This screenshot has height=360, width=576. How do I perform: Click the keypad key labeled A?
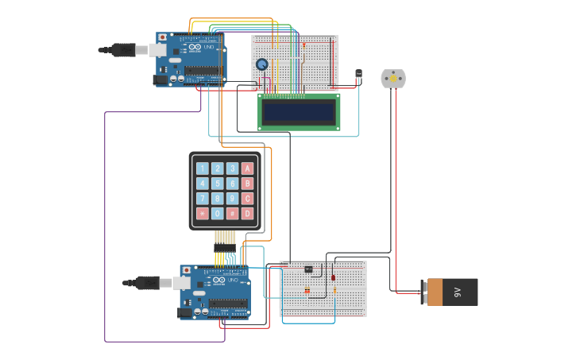pos(247,168)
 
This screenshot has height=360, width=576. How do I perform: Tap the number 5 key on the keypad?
pos(217,184)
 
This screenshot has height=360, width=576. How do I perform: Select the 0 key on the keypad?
pos(217,214)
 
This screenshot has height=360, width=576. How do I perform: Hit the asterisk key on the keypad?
pos(202,214)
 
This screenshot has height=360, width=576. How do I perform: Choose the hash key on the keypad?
pos(232,214)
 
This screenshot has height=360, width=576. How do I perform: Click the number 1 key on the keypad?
pos(202,168)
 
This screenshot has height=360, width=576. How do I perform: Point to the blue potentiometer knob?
pos(262,64)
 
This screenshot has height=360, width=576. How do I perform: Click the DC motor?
pos(392,78)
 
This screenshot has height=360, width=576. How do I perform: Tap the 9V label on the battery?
pos(458,292)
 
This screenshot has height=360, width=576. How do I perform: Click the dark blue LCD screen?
pos(299,111)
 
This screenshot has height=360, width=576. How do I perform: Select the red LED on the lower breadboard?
pos(333,277)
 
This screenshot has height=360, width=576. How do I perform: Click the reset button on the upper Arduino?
pos(163,37)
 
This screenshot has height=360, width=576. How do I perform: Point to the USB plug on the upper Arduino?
pos(124,50)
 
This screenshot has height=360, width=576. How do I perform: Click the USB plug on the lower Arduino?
pos(149,282)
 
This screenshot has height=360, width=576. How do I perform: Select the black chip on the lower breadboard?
pos(308,269)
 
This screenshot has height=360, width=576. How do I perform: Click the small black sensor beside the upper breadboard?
pos(358,75)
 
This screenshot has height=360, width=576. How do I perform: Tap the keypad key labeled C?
pos(247,199)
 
